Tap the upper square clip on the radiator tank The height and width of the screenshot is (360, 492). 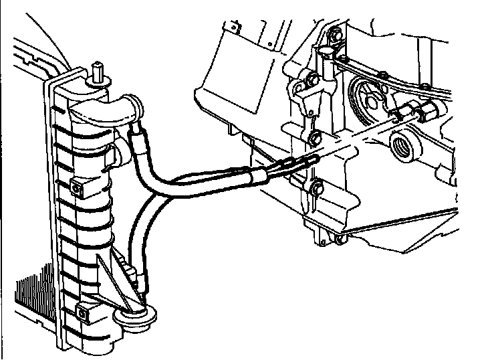(x=77, y=189)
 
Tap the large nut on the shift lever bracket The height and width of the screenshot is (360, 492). (x=311, y=85)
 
